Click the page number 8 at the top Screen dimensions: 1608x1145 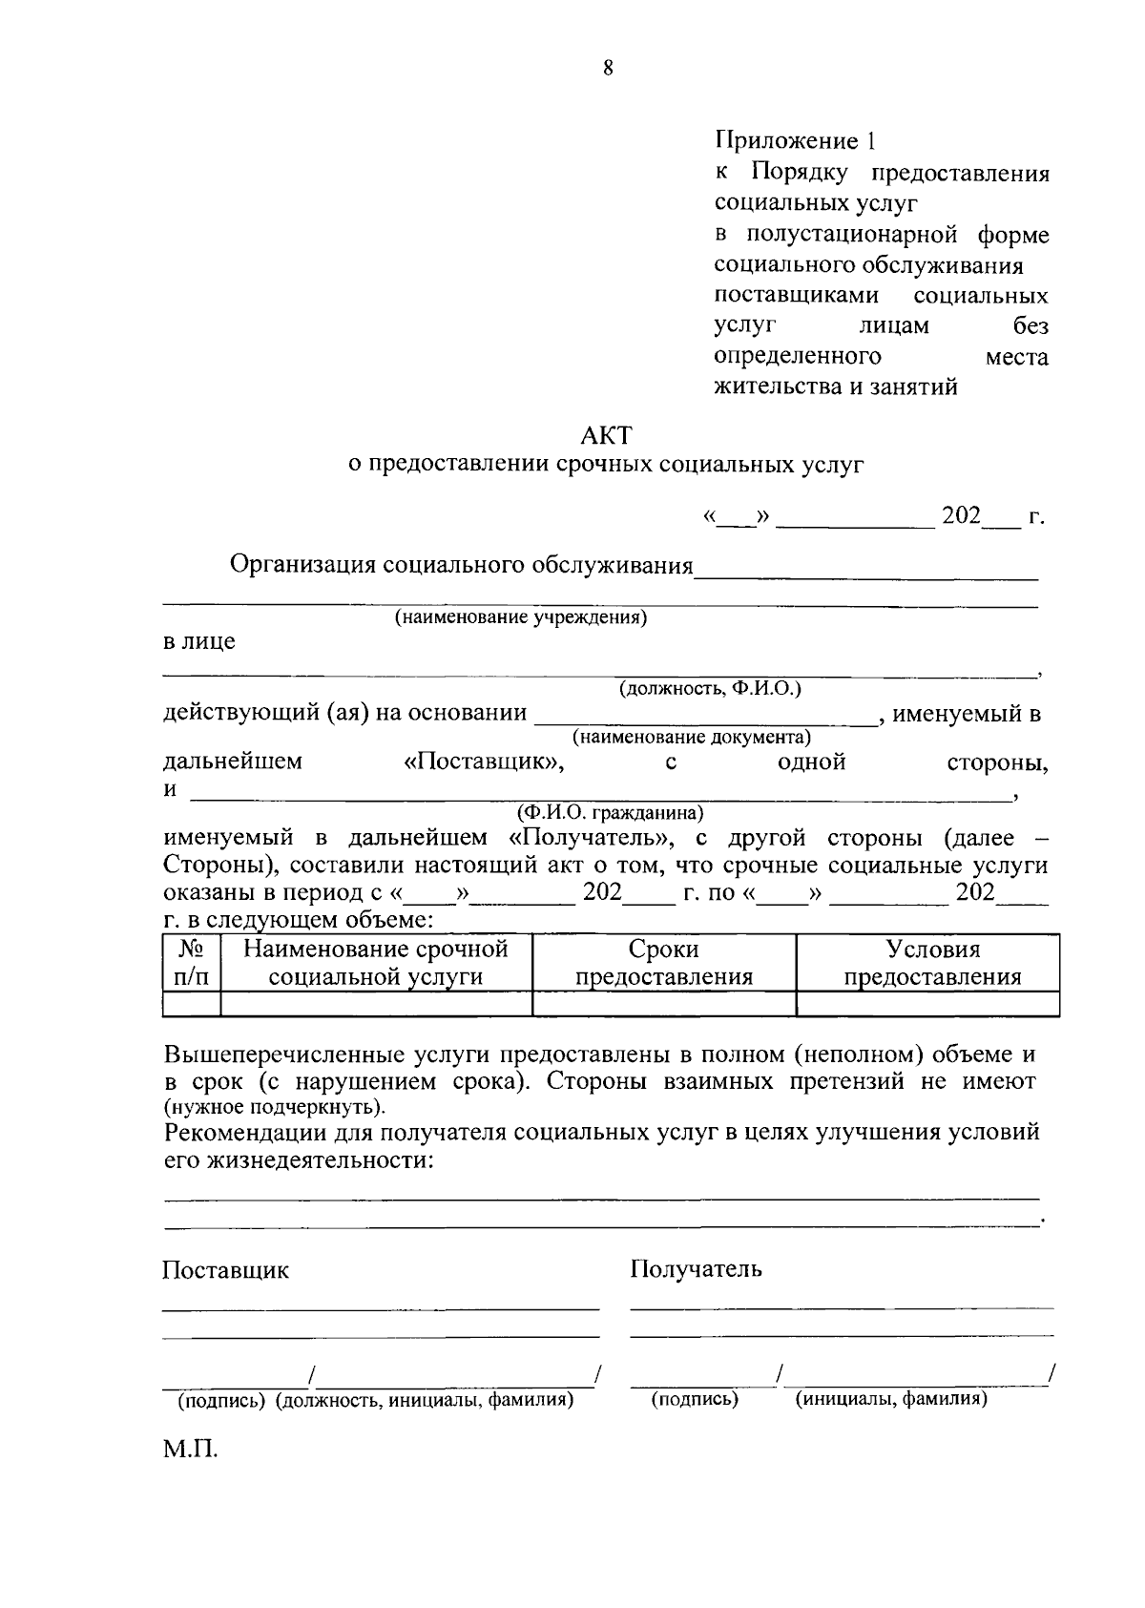[608, 68]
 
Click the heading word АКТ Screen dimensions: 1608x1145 [606, 435]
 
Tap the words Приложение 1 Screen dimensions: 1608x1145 [795, 142]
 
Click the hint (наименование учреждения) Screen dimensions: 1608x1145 [521, 617]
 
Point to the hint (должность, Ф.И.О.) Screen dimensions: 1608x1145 [710, 688]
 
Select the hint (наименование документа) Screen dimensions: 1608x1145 [691, 737]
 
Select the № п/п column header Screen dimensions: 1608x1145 [192, 963]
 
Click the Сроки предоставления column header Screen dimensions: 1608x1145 [663, 963]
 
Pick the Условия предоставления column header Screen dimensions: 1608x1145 [932, 963]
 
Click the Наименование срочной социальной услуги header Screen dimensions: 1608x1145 [375, 963]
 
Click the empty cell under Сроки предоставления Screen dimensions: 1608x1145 [663, 1004]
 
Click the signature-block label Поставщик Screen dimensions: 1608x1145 [225, 1270]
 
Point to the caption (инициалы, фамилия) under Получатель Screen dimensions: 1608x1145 [891, 1398]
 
